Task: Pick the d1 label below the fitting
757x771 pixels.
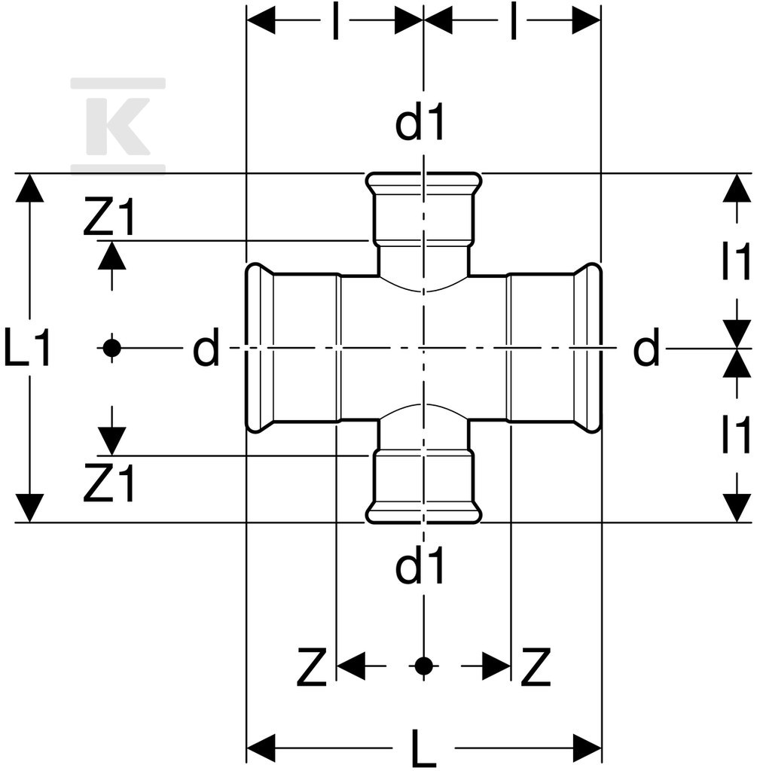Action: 420,565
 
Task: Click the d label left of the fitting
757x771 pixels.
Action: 206,347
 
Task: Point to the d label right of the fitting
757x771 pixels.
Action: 646,347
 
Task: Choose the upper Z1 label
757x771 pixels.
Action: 109,215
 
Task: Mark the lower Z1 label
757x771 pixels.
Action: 109,483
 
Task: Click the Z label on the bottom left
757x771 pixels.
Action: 312,667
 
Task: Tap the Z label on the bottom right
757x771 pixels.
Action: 536,667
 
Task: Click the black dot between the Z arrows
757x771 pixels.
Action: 423,666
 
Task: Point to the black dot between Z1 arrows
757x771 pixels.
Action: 112,348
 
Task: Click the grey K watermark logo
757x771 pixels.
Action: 118,126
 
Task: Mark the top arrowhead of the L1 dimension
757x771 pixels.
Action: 30,188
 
